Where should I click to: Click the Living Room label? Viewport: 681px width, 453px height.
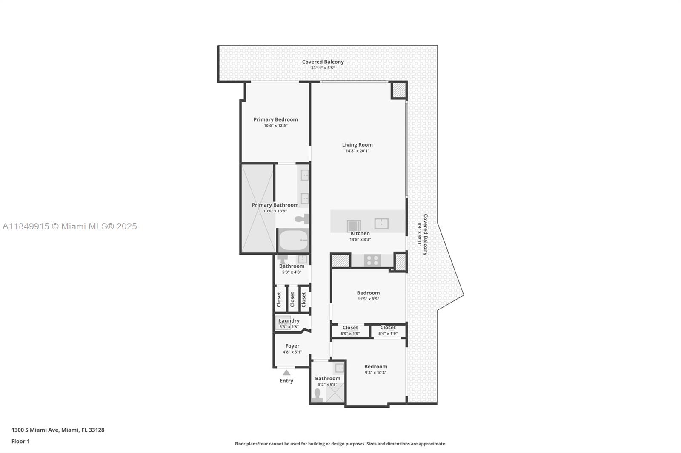tap(357, 145)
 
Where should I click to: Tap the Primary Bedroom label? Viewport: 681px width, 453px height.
tap(275, 119)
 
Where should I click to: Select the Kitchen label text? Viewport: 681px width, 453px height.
tap(360, 233)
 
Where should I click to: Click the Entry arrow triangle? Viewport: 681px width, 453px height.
tap(286, 372)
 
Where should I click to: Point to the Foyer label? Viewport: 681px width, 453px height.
tap(292, 346)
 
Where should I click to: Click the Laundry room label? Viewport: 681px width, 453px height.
tap(289, 320)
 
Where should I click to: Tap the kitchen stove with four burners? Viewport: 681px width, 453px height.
tap(372, 260)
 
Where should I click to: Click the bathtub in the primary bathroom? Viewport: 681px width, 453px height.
tap(293, 240)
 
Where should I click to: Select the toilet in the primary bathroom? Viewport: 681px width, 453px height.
tap(302, 219)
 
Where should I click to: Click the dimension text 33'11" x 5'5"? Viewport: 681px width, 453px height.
tap(323, 68)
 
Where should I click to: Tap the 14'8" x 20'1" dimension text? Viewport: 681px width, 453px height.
tap(357, 151)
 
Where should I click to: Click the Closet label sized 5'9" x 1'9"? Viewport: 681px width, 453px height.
tap(350, 328)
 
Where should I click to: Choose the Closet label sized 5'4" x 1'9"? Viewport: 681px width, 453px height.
tap(388, 328)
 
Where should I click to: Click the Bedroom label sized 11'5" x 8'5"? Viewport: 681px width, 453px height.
tap(368, 293)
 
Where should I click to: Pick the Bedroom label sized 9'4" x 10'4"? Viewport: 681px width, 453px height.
tap(376, 366)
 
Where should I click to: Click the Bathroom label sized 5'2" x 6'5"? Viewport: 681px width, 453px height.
tap(327, 378)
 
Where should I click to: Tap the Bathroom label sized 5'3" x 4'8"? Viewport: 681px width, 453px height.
tap(292, 266)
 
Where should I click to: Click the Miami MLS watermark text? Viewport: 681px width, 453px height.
tap(70, 226)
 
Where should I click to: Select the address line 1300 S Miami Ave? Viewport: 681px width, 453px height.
tap(58, 430)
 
